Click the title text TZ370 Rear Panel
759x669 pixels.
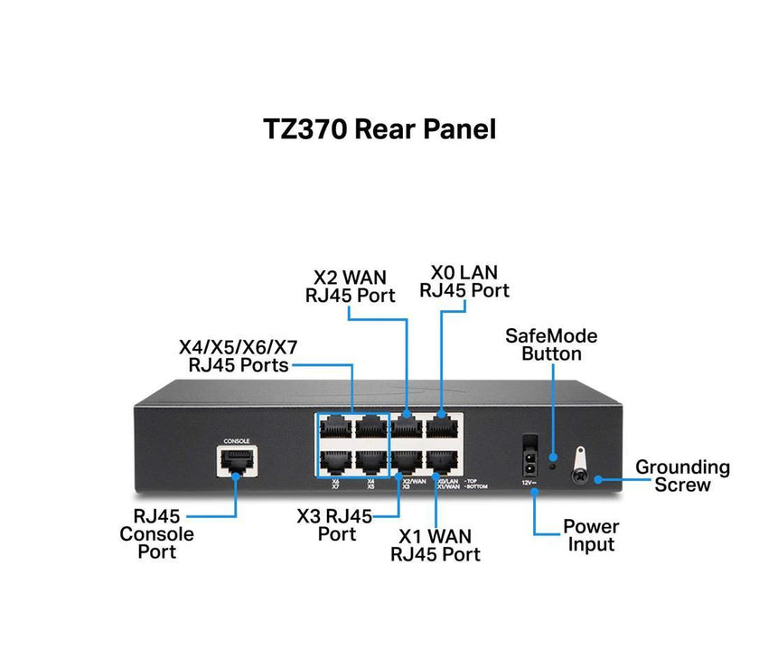click(379, 128)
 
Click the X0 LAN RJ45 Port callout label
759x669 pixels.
click(464, 280)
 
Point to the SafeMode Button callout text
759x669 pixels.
click(551, 344)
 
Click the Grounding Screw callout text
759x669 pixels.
click(682, 476)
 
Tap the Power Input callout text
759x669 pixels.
click(591, 535)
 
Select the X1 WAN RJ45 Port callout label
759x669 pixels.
click(436, 545)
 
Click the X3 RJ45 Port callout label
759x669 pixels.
click(334, 524)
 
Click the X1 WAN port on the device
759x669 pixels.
click(442, 460)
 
